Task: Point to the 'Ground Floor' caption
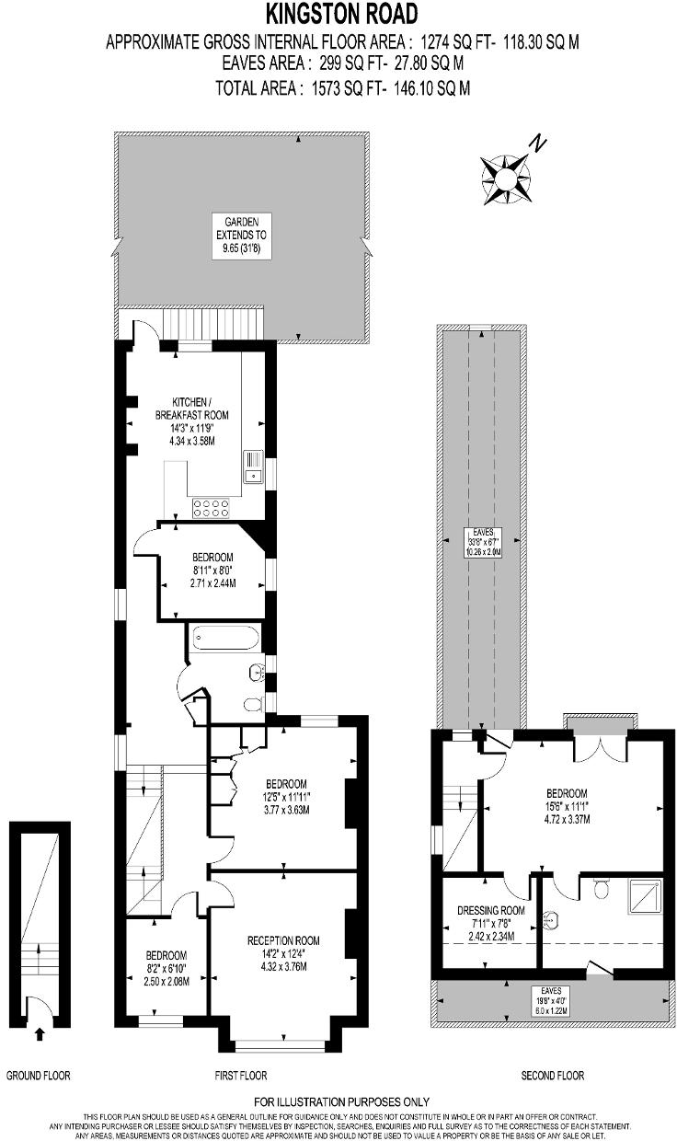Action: pos(39,1076)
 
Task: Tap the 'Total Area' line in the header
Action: pos(342,88)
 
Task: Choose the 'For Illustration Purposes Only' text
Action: pos(341,1102)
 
